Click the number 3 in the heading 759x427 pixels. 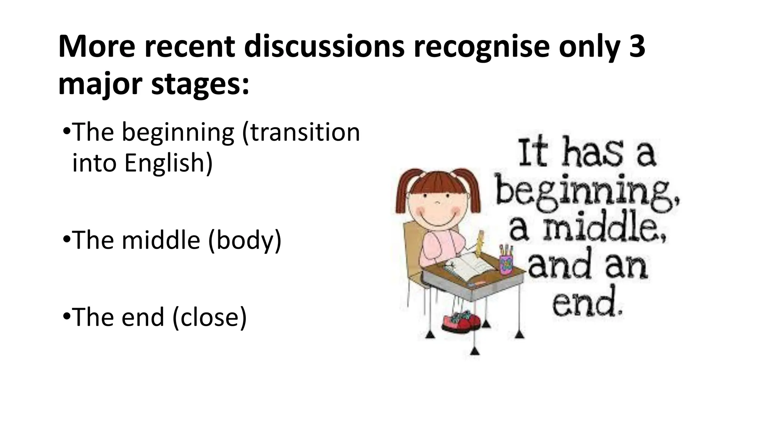(637, 47)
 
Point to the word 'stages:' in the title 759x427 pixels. (200, 85)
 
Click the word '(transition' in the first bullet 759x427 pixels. (301, 132)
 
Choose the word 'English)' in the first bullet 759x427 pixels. (169, 163)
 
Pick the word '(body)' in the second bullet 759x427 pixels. (245, 240)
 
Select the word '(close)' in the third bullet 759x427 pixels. (210, 317)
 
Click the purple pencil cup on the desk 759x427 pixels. (506, 262)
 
